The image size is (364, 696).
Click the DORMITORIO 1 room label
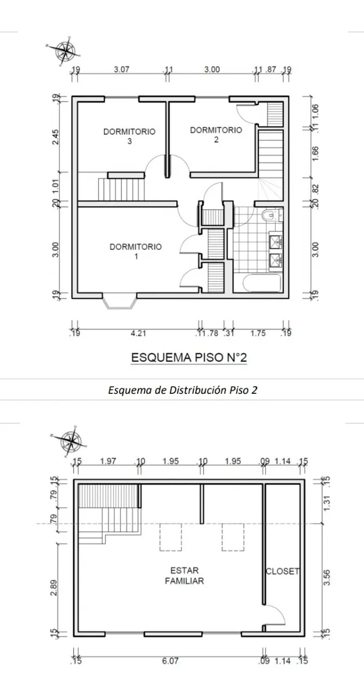click(135, 251)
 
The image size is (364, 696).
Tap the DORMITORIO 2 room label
click(216, 135)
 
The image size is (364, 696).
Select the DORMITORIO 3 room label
click(129, 136)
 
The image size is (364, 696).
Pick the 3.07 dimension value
click(122, 70)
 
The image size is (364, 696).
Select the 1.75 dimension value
click(258, 333)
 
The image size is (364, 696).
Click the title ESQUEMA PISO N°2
click(189, 358)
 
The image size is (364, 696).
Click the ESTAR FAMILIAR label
click(184, 575)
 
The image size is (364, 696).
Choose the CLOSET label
click(282, 571)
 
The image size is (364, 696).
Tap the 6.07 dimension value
click(169, 660)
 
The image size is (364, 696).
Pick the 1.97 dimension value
click(109, 461)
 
